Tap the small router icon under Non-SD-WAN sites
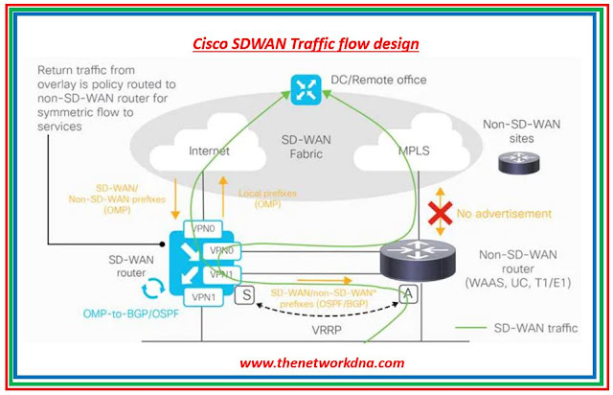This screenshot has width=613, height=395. (x=517, y=164)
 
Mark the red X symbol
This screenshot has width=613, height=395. (x=440, y=214)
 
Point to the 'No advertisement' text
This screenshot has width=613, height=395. (x=503, y=213)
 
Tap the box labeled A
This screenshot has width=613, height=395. (x=407, y=295)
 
